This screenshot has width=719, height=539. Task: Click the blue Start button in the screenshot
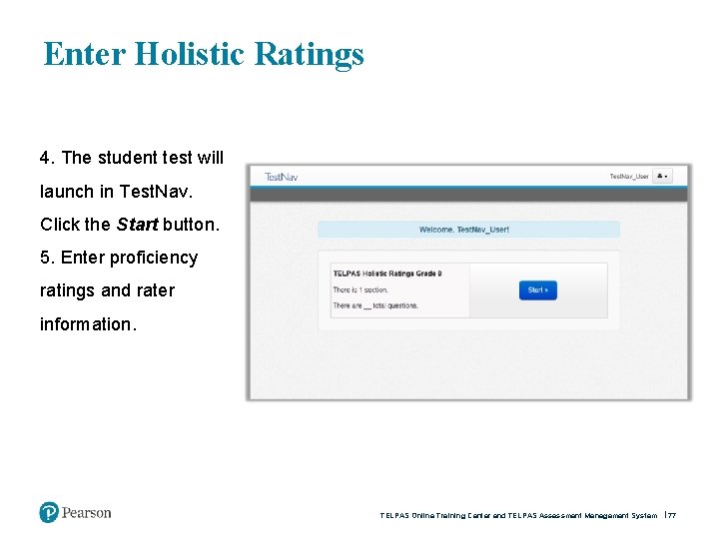pos(537,290)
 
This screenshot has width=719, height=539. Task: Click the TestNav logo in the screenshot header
pos(281,177)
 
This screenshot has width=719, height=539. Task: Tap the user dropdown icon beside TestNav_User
pos(663,177)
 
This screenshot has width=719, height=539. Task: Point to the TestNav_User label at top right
pos(629,177)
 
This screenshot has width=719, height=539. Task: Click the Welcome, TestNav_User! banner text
pos(464,230)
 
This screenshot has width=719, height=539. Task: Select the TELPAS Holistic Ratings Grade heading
pos(387,272)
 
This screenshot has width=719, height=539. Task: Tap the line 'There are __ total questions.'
pos(375,305)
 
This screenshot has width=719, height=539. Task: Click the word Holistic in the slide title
pos(189,53)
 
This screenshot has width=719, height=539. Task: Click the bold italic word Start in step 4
pos(137,225)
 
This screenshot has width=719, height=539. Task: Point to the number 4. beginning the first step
pos(47,158)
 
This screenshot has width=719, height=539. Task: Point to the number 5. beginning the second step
pos(47,258)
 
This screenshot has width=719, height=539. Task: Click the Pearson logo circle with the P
pos(49,513)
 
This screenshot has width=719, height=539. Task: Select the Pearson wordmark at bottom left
pos(87,513)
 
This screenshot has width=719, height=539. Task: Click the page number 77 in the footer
pos(672,516)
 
